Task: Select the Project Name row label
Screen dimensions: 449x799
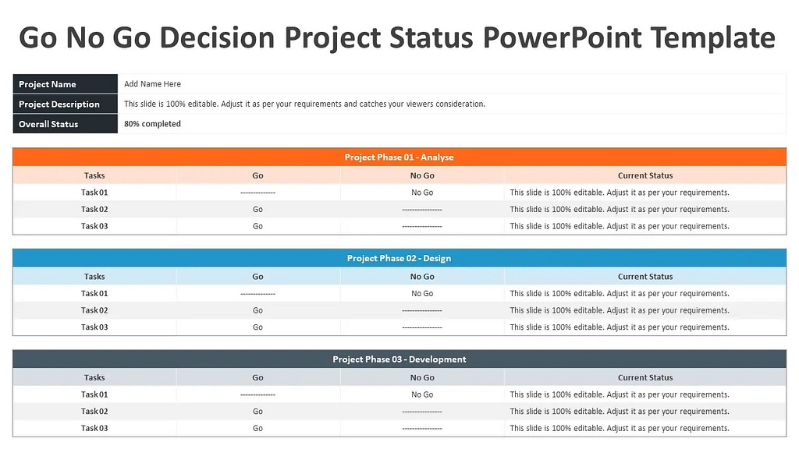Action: [47, 84]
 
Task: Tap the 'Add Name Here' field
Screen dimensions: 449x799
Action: [152, 84]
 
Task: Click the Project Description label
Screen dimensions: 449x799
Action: [59, 104]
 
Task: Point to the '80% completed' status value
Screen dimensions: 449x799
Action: [152, 124]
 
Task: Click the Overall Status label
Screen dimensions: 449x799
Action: [48, 124]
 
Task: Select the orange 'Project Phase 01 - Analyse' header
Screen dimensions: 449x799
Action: [399, 157]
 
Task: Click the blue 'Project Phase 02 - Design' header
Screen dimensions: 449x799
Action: [399, 258]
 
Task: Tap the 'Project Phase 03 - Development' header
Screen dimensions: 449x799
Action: [399, 359]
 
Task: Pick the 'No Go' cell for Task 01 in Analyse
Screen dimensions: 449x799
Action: [422, 193]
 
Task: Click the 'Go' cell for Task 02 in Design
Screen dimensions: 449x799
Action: [257, 310]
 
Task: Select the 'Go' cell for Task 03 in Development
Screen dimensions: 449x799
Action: [257, 428]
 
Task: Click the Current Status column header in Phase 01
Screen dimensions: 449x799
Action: [645, 176]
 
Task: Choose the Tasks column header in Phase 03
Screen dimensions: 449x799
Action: [94, 378]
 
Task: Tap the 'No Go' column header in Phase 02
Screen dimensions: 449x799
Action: [422, 277]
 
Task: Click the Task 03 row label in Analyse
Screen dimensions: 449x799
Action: [94, 226]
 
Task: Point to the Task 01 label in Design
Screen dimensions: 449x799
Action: [94, 294]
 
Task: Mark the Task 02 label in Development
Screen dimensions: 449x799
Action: [94, 412]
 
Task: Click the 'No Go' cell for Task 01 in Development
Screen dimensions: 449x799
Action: [422, 395]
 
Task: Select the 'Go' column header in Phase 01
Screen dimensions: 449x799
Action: [257, 176]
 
